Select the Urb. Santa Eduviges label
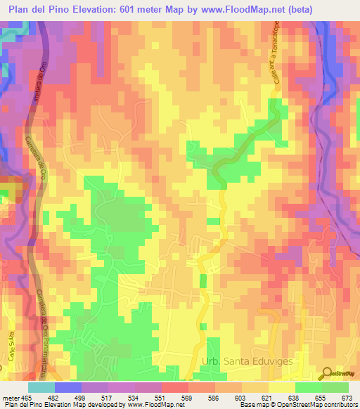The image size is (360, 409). [247, 361]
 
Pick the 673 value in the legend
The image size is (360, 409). [347, 398]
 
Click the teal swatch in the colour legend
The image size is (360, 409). [42, 387]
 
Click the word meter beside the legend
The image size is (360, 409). [11, 398]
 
